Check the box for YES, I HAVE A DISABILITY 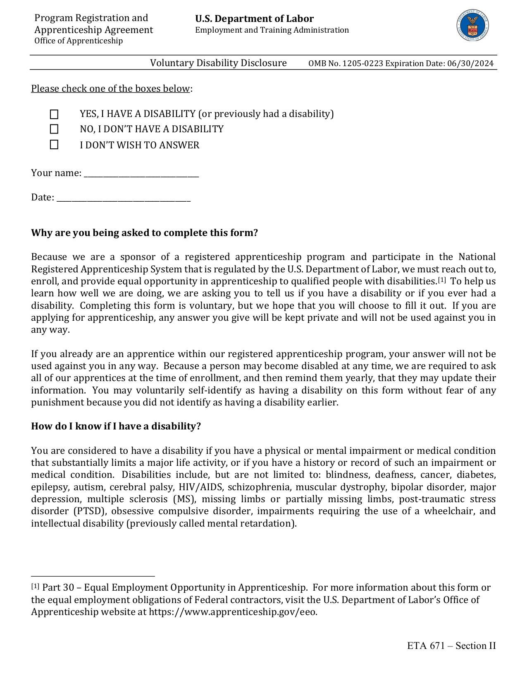pos(54,114)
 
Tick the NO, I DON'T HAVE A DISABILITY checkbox pos(54,129)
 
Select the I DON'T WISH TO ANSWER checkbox pos(54,145)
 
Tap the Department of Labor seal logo pos(473,26)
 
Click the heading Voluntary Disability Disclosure pos(218,63)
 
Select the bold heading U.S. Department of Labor pos(254,19)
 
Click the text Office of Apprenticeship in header pos(79,41)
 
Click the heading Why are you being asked pos(144,233)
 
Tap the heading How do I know pos(116,426)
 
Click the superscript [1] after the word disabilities pos(442,280)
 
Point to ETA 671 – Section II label pos(451,646)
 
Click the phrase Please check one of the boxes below pos(110,88)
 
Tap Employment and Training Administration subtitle pos(272,30)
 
